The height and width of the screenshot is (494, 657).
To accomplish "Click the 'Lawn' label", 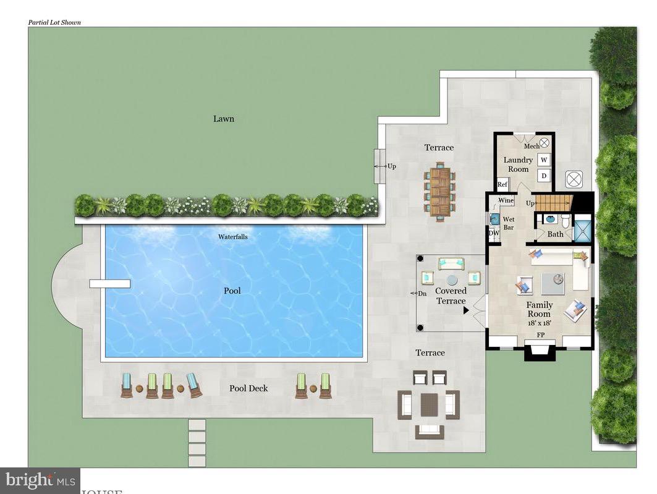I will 224,119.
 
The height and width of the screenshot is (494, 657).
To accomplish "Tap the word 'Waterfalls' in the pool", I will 233,237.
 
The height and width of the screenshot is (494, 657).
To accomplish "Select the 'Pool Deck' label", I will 248,388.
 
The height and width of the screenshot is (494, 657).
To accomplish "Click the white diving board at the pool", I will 109,284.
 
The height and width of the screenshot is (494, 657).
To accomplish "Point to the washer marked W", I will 544,160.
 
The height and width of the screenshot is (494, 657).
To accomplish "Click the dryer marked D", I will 544,176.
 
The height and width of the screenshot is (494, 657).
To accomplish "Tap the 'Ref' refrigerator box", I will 502,184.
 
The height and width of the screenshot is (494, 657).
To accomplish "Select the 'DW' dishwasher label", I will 494,233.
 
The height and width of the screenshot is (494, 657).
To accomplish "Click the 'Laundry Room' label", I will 518,164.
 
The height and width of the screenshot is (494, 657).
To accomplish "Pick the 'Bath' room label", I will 555,234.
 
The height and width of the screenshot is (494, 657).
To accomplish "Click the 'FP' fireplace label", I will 540,335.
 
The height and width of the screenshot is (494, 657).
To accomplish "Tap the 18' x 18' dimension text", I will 540,323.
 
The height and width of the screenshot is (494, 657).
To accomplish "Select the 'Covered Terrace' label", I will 451,296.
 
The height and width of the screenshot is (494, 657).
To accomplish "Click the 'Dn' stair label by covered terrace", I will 422,294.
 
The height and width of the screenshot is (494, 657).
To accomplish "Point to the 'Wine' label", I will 506,200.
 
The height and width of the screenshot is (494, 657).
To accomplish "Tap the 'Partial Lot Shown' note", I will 54,22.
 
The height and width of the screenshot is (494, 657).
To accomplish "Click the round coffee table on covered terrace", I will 452,279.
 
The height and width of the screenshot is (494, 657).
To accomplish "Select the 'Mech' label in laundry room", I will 532,147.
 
